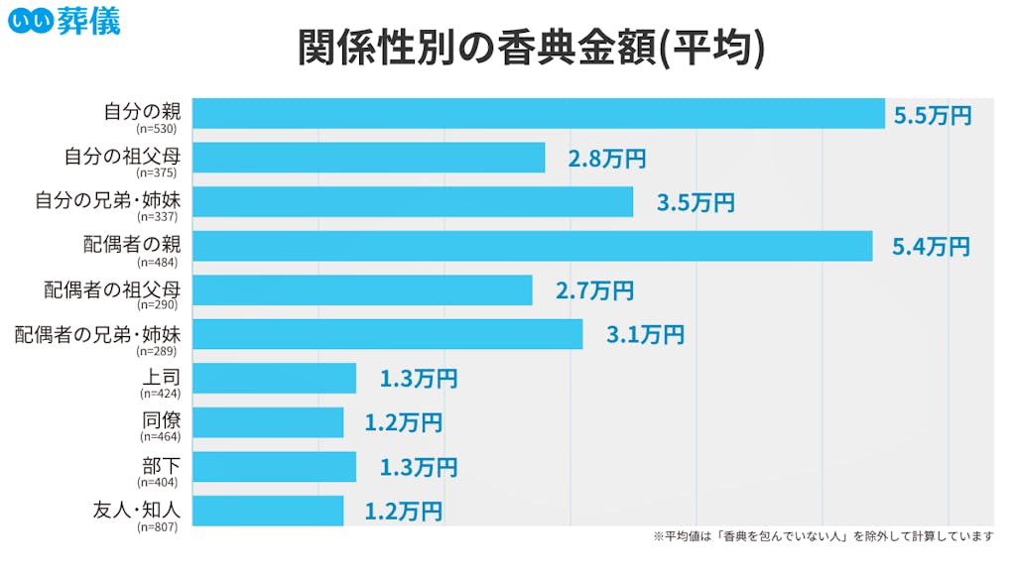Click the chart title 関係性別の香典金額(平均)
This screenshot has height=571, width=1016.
(x=531, y=48)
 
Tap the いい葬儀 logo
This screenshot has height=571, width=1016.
(x=63, y=20)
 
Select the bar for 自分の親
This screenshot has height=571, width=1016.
(x=538, y=113)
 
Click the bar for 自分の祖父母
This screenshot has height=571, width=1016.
(x=368, y=158)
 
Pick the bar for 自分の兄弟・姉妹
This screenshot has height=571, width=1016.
(x=412, y=202)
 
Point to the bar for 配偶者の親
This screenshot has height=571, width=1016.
(x=532, y=246)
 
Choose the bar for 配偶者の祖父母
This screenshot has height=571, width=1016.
(x=362, y=290)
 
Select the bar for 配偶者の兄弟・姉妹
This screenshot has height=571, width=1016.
(x=387, y=334)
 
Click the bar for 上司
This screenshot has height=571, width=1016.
(x=274, y=379)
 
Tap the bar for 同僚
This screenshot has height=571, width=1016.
(x=268, y=422)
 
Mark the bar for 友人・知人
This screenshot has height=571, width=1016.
(x=268, y=511)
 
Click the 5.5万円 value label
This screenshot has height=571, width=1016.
(x=932, y=115)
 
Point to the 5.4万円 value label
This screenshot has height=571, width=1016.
(x=930, y=247)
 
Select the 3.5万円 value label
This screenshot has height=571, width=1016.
(x=696, y=203)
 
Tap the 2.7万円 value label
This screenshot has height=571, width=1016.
(x=594, y=291)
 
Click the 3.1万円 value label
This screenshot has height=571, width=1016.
(x=645, y=335)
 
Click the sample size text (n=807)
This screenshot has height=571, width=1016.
(x=159, y=527)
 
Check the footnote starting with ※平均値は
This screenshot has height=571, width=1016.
(x=823, y=536)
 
